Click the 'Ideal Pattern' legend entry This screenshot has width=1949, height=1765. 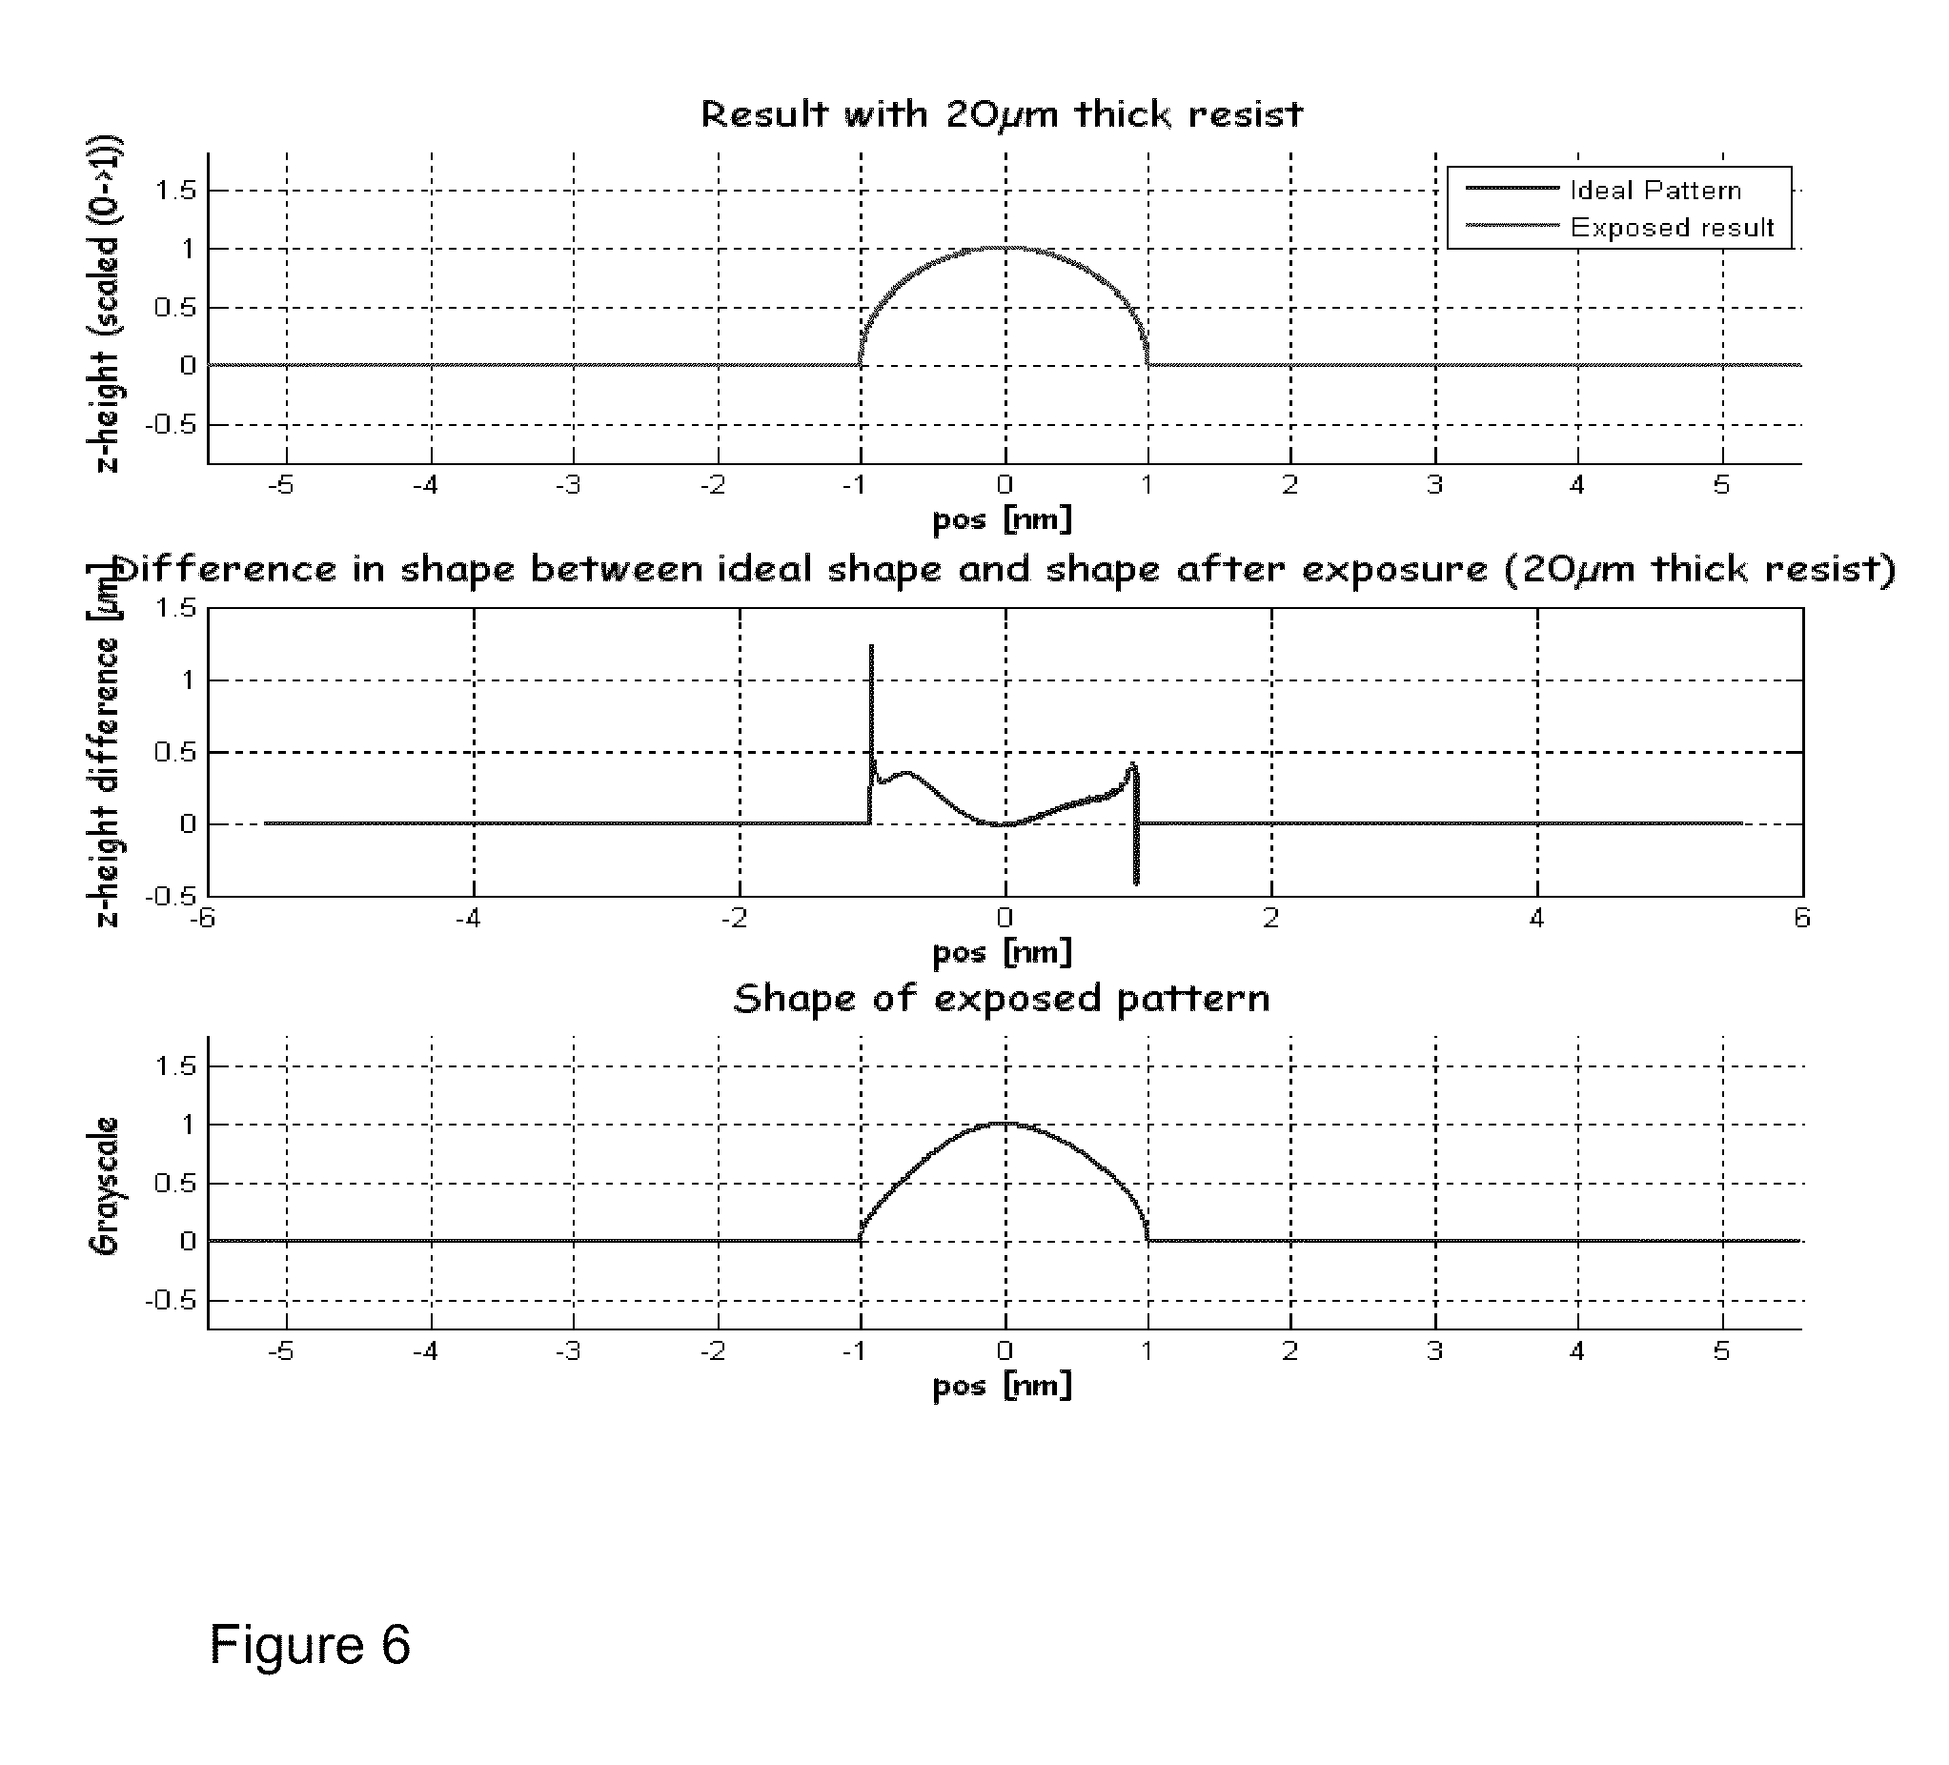coord(1655,191)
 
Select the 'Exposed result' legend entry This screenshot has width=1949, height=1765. coord(1672,228)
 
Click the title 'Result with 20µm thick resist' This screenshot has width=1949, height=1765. coord(1002,114)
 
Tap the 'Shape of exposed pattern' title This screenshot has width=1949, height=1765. coord(1002,999)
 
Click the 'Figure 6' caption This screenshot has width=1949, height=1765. coord(310,1644)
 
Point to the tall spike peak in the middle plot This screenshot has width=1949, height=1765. coord(871,646)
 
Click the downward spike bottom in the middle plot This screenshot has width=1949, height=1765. coord(1136,882)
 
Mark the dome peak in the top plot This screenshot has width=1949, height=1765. coord(1005,248)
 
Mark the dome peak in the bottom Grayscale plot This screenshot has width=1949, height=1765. coord(1005,1124)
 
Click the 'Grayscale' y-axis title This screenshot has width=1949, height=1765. coord(105,1186)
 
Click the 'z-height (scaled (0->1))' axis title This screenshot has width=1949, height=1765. coord(107,304)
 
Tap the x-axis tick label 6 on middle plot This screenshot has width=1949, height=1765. coord(1801,918)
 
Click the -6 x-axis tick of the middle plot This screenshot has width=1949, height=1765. coord(202,918)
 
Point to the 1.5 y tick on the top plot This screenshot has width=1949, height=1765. coord(176,191)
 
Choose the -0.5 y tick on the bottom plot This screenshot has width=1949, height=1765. coord(172,1300)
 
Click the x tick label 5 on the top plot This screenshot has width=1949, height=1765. coord(1721,485)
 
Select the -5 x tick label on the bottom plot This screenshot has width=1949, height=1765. coord(281,1351)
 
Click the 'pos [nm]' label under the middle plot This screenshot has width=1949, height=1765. coord(1002,953)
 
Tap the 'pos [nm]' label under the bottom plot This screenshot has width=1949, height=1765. coord(1002,1386)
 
